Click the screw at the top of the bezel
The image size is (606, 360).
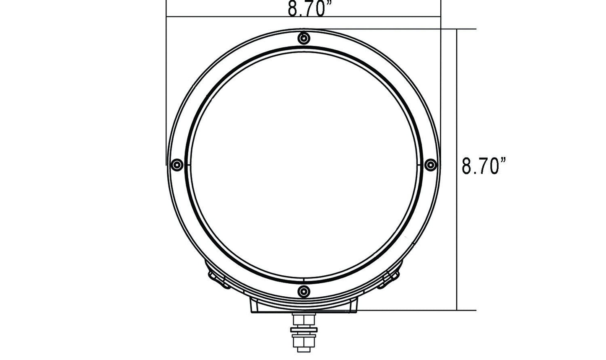[x=304, y=39]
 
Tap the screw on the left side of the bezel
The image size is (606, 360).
[x=177, y=165]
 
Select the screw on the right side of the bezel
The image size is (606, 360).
[x=430, y=165]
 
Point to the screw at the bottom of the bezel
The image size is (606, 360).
[x=304, y=291]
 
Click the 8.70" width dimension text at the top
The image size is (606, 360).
[x=306, y=9]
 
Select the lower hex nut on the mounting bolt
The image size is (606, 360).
[x=304, y=342]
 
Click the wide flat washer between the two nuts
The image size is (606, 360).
[x=304, y=330]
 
